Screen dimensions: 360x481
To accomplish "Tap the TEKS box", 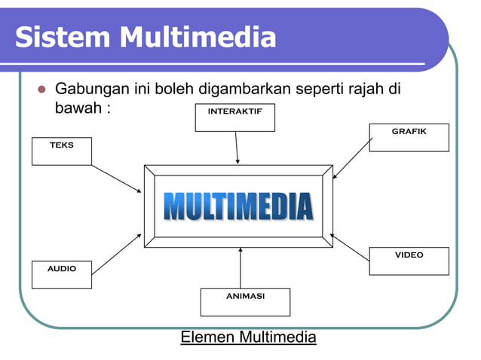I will pos(62,151).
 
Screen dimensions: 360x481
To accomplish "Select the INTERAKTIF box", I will pos(234,117).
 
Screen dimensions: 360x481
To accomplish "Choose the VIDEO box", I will pos(409,261).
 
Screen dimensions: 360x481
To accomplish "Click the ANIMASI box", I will pos(245,301).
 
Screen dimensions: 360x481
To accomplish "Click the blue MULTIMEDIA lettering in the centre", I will pos(238,206).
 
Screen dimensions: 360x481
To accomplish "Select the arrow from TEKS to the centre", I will pos(116,178).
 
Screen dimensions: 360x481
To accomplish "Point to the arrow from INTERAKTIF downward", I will pos(237,148).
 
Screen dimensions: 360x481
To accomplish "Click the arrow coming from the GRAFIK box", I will pos(352,158).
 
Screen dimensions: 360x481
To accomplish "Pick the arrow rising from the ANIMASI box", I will pos(240,268).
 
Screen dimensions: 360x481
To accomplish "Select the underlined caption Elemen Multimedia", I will pos(248,337).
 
